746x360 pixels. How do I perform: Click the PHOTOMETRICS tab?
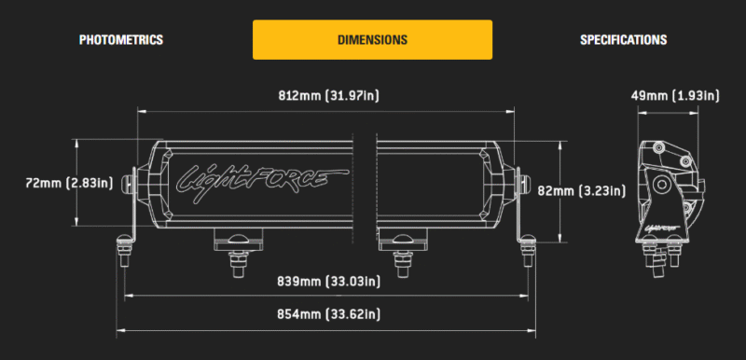pyautogui.click(x=121, y=39)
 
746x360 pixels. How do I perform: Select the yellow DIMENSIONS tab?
pyautogui.click(x=372, y=39)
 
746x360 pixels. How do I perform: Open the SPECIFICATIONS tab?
pyautogui.click(x=623, y=39)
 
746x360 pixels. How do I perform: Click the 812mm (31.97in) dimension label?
pyautogui.click(x=329, y=95)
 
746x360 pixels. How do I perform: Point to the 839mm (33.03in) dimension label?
pyautogui.click(x=329, y=282)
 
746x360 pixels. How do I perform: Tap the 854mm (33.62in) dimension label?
pyautogui.click(x=329, y=314)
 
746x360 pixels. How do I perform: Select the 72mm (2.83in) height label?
pyautogui.click(x=69, y=183)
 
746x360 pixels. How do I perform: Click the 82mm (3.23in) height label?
pyautogui.click(x=581, y=190)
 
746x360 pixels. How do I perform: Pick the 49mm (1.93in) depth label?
pyautogui.click(x=675, y=95)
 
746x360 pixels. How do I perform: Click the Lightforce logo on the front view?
pyautogui.click(x=263, y=184)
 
